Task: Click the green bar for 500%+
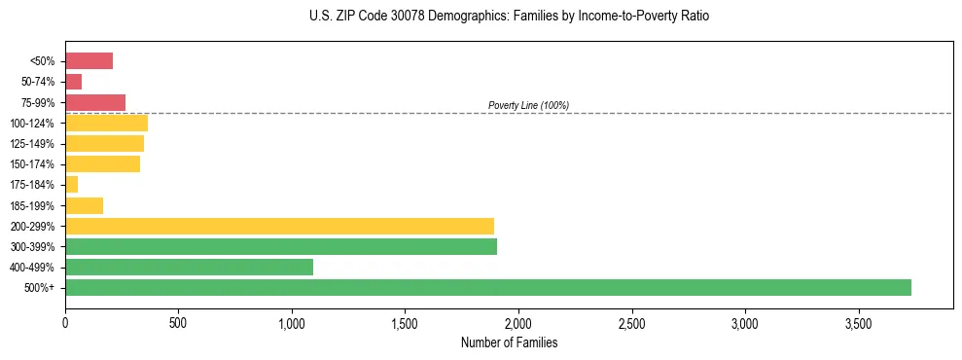486,287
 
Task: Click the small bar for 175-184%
71,185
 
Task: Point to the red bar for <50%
89,61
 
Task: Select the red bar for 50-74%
73,82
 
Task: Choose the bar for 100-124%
106,123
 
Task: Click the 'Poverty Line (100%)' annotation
528,105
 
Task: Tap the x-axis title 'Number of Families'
509,342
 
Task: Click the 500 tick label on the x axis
178,322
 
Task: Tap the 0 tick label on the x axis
65,322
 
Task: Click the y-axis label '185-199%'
33,205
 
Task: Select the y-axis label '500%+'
40,288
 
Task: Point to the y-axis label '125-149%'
33,144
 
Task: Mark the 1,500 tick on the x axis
405,322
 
